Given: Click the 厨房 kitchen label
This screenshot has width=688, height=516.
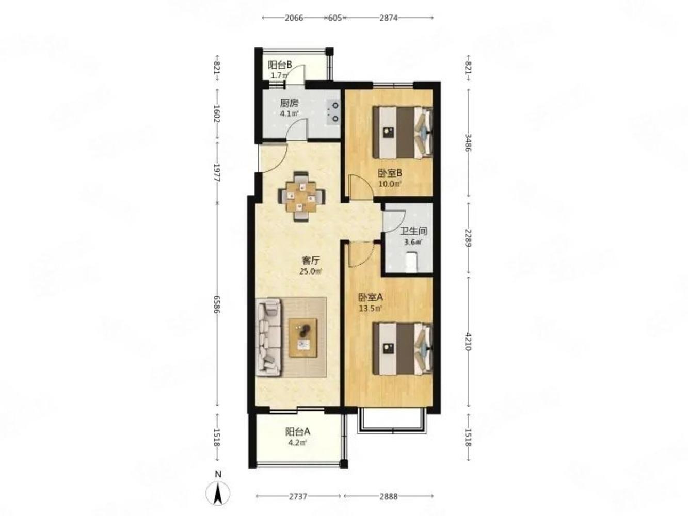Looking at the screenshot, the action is tap(289, 103).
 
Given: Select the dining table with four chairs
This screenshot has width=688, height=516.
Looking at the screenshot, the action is tap(301, 197).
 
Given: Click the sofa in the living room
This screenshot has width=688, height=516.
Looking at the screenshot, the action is tap(269, 337).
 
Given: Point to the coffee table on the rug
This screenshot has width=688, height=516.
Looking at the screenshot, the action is tap(303, 338).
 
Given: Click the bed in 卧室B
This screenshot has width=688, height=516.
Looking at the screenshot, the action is tap(402, 133).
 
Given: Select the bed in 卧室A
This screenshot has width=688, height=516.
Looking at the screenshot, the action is tap(402, 349).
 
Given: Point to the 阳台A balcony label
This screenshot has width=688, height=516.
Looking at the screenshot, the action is tap(297, 432).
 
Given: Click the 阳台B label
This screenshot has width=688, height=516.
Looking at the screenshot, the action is tap(280, 65).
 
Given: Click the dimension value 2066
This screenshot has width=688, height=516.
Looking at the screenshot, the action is tap(294, 18).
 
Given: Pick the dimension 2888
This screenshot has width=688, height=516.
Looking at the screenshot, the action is tap(388, 496).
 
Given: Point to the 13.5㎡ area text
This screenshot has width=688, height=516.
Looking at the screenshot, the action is tap(370, 308).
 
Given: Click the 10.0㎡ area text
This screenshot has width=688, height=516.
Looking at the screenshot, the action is tap(390, 184).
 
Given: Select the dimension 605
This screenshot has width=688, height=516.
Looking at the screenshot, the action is tap(334, 18).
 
